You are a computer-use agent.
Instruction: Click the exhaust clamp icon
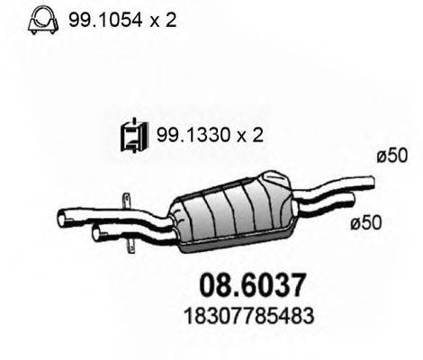coord(43,20)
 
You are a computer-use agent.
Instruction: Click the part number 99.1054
coord(105,21)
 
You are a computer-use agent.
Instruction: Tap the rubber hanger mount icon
coord(134,136)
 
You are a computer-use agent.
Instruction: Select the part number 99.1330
coord(193,135)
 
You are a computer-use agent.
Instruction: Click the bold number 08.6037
coord(252,285)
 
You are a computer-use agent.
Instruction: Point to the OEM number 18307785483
coord(248,316)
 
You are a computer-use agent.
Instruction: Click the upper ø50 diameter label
coord(392,156)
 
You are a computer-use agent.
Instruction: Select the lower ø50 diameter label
coord(366,223)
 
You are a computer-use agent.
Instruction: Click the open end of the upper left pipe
coord(62,219)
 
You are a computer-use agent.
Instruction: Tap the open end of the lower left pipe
coord(96,233)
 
